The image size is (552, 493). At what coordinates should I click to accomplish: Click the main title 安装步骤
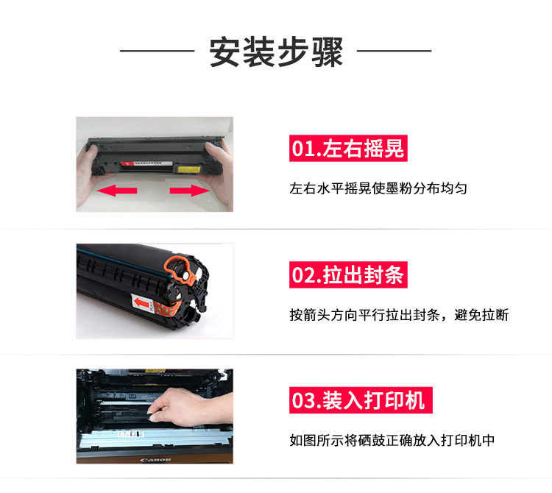[276, 52]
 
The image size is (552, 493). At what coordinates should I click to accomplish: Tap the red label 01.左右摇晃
[348, 148]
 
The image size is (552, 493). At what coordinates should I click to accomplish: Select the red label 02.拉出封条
[348, 274]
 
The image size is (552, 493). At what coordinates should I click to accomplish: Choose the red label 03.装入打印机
[361, 400]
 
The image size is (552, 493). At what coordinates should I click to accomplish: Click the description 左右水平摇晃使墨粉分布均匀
[378, 188]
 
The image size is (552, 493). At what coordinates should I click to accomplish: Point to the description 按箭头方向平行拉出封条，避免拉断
[399, 315]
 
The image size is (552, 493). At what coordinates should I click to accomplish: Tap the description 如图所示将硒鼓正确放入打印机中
[392, 440]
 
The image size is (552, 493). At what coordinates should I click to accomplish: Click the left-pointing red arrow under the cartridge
[117, 191]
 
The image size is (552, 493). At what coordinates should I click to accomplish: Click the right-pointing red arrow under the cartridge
[190, 191]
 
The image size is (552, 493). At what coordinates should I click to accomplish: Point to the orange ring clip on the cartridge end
[180, 269]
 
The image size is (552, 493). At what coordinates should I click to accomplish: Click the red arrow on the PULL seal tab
[141, 302]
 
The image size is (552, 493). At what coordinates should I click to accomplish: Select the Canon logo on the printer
[155, 460]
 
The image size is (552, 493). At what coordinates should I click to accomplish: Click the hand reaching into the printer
[190, 406]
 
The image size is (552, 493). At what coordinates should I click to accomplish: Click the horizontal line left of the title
[157, 51]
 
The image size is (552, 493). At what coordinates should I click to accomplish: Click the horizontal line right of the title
[394, 51]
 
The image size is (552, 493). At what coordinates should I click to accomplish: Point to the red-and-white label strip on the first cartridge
[146, 163]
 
